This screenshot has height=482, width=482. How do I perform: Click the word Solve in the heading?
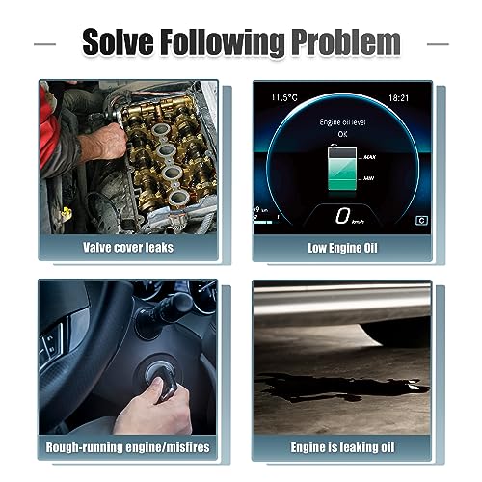pyautogui.click(x=118, y=41)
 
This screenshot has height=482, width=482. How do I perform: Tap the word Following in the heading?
pyautogui.click(x=223, y=43)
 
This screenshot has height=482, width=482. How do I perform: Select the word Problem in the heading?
pyautogui.click(x=346, y=42)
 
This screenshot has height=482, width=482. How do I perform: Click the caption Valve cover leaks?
pyautogui.click(x=128, y=248)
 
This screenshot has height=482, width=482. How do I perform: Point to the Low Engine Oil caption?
pyautogui.click(x=342, y=248)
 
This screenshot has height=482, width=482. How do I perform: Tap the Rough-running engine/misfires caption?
pyautogui.click(x=127, y=447)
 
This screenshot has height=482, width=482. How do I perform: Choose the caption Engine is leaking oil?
pyautogui.click(x=342, y=447)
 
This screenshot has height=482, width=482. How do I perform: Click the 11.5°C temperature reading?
pyautogui.click(x=284, y=97)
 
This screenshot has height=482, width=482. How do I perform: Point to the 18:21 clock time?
pyautogui.click(x=398, y=98)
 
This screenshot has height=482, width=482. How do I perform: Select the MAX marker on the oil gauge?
pyautogui.click(x=369, y=157)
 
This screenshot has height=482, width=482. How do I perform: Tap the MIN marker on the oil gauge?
pyautogui.click(x=368, y=178)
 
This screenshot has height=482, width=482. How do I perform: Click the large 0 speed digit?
pyautogui.click(x=342, y=215)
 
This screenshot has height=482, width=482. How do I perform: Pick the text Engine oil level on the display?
pyautogui.click(x=342, y=122)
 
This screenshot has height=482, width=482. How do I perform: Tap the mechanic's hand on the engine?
pyautogui.click(x=103, y=142)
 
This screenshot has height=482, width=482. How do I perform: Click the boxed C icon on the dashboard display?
pyautogui.click(x=421, y=221)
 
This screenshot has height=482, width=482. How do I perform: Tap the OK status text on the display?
pyautogui.click(x=342, y=134)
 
